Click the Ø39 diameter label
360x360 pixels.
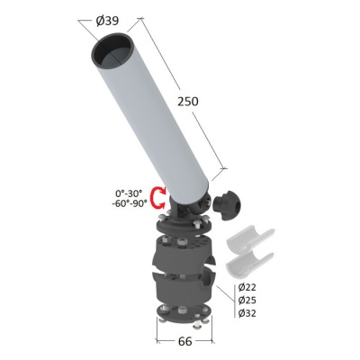pos(107,21)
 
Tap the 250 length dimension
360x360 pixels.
pos(188,102)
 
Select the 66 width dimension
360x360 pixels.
pos(184,341)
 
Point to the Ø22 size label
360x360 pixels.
pos(247,287)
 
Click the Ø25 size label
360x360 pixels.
pos(247,300)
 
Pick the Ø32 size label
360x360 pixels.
pos(247,313)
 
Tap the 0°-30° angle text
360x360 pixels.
pos(129,193)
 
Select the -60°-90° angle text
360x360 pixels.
pos(130,203)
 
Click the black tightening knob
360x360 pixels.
pos(227,205)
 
